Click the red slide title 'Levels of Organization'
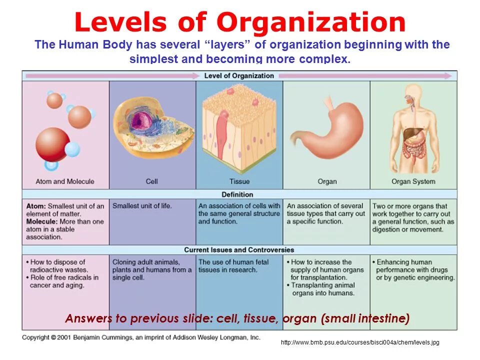(240, 22)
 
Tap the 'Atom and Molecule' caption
(65, 181)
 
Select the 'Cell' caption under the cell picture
(152, 181)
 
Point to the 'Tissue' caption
(239, 181)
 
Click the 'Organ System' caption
(413, 181)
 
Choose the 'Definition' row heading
(237, 194)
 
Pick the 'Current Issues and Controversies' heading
(239, 249)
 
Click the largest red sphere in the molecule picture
(52, 144)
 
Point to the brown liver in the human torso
(411, 134)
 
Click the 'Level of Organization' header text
(239, 75)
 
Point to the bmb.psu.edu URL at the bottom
(360, 342)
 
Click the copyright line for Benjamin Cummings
(141, 337)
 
